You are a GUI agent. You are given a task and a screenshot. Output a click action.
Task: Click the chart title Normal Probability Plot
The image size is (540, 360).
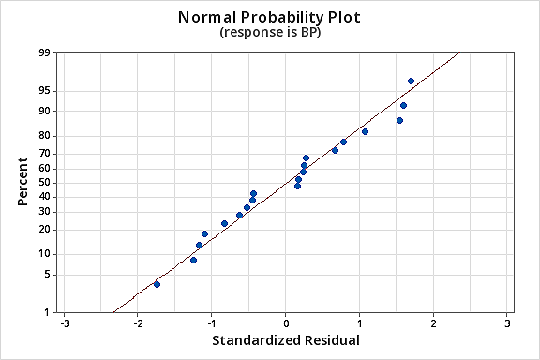coord(269,17)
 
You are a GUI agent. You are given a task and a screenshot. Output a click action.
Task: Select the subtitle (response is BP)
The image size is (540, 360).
coord(269,33)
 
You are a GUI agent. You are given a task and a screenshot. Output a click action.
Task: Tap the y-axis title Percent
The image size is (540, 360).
coord(22,183)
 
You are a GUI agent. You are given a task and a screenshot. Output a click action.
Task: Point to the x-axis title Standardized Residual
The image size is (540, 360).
coord(285,339)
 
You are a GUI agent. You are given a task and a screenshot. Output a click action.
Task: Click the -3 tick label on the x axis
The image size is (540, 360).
coord(64,323)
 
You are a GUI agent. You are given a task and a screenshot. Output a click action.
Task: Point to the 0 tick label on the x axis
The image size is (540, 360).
coord(286,323)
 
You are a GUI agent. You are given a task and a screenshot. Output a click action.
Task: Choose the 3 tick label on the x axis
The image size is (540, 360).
coord(507,323)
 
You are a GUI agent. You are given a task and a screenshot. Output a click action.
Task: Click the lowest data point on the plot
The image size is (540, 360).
coord(157,284)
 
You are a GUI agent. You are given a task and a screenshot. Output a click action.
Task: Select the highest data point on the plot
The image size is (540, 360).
coord(411,82)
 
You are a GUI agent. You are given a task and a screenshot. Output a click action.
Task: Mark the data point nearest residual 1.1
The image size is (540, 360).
coord(365,131)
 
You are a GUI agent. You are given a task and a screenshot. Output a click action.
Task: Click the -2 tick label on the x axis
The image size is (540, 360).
coord(137,323)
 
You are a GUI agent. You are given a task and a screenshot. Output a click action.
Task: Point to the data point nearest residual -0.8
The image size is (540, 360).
coord(224,223)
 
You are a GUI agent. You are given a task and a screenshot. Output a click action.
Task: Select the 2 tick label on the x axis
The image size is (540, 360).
coord(433,323)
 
